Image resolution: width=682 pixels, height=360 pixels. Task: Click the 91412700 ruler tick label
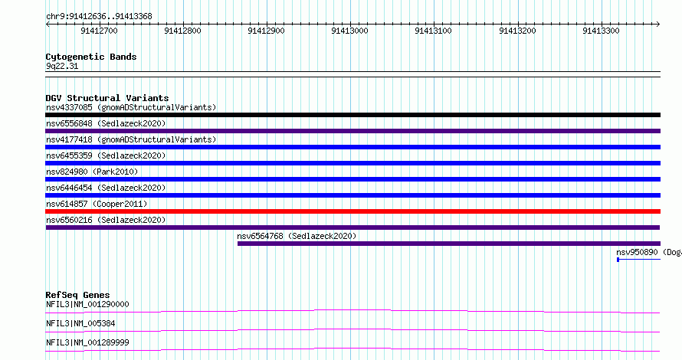click(x=99, y=31)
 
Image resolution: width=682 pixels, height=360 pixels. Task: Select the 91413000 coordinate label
click(x=349, y=31)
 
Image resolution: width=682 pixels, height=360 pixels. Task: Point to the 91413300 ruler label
click(x=601, y=31)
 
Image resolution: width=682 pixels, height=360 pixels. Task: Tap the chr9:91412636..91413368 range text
click(x=99, y=17)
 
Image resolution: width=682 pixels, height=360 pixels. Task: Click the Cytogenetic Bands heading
click(x=91, y=57)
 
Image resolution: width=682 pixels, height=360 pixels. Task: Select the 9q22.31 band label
click(x=62, y=66)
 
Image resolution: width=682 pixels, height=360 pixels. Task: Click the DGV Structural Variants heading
click(x=107, y=98)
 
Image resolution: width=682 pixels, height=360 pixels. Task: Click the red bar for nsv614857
click(x=352, y=211)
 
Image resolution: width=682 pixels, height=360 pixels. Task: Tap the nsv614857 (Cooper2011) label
click(x=97, y=204)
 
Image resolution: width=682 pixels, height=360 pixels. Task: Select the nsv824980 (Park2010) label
click(x=92, y=172)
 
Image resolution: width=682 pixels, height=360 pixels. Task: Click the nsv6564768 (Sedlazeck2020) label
click(x=297, y=236)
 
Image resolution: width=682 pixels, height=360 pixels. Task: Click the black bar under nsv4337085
click(x=352, y=115)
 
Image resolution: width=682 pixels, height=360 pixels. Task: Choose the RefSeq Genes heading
click(x=77, y=295)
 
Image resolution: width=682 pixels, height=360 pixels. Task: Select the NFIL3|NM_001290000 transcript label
click(x=87, y=304)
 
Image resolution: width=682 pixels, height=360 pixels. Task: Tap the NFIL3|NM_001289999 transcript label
click(x=87, y=342)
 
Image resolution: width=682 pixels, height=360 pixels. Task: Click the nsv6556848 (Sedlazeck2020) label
click(x=106, y=123)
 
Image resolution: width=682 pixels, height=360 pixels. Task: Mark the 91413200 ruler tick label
click(x=517, y=31)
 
